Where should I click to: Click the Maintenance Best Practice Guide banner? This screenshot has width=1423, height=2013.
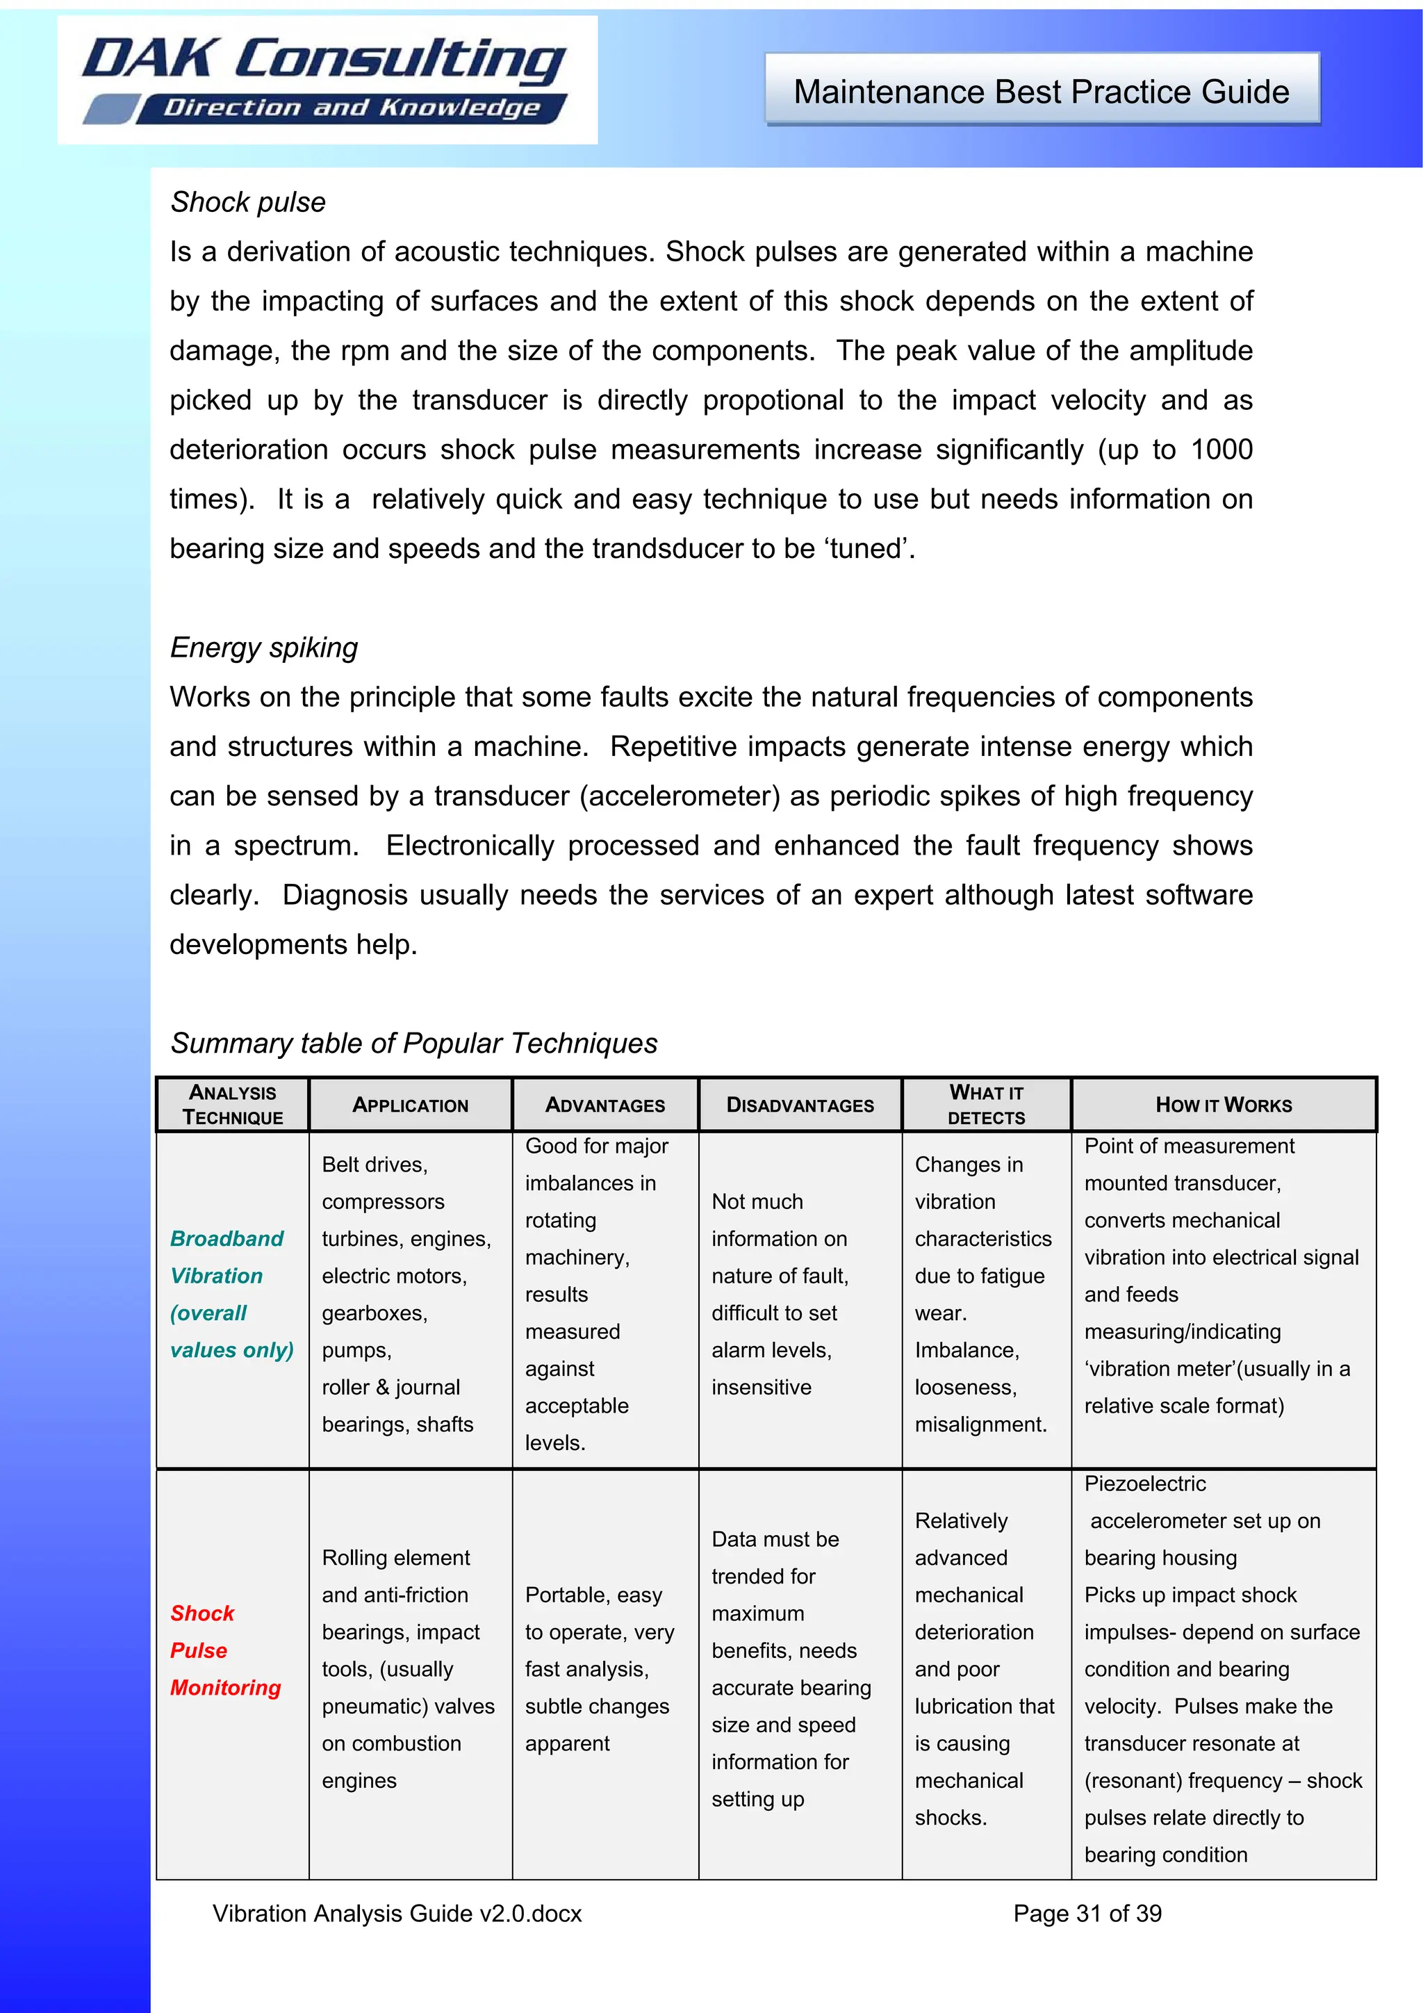click(1042, 91)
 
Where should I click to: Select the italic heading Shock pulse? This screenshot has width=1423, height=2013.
click(248, 202)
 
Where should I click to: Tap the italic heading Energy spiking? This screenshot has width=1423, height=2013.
click(264, 648)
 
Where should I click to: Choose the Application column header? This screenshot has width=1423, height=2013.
click(411, 1106)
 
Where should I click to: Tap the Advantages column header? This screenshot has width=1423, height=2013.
click(605, 1106)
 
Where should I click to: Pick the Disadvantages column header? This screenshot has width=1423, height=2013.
click(800, 1106)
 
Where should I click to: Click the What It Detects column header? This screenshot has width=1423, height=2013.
click(987, 1105)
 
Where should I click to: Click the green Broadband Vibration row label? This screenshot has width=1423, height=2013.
click(227, 1294)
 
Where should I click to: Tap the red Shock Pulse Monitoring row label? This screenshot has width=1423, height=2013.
click(225, 1651)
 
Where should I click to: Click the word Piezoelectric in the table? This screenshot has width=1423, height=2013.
click(1145, 1484)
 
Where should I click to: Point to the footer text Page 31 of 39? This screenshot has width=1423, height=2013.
click(1087, 1914)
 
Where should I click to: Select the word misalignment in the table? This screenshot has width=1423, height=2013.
click(980, 1424)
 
